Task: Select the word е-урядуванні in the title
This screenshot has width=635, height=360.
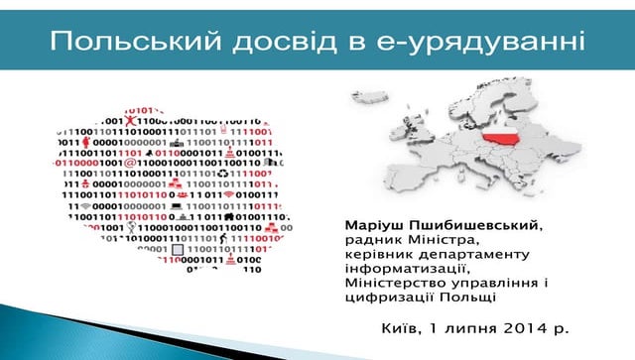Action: click(502, 41)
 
